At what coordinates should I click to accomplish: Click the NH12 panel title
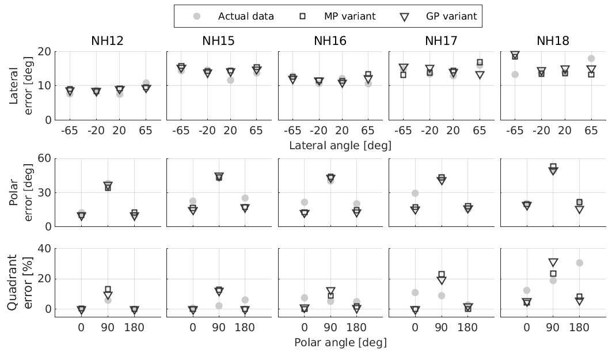[x=107, y=41]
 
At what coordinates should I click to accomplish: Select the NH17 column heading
[x=442, y=41]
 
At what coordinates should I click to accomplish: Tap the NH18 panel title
[x=553, y=41]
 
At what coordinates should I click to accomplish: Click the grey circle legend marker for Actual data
[x=197, y=16]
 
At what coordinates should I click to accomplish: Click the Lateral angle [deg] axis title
[x=340, y=146]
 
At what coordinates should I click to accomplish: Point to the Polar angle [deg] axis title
[x=340, y=342]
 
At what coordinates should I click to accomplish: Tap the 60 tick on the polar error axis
[x=44, y=158]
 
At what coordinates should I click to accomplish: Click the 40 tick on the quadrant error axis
[x=44, y=249]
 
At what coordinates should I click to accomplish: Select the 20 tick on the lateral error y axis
[x=44, y=51]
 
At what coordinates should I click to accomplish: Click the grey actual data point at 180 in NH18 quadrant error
[x=579, y=263]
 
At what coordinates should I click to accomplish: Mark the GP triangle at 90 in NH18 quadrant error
[x=553, y=263]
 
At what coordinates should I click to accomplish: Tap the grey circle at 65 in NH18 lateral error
[x=591, y=59]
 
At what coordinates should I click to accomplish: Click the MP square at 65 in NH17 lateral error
[x=480, y=62]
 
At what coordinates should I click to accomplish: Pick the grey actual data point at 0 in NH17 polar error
[x=415, y=193]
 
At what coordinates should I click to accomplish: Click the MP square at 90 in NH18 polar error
[x=553, y=167]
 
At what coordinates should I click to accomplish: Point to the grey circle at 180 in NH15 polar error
[x=245, y=198]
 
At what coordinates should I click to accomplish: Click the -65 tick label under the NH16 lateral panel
[x=292, y=131]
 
